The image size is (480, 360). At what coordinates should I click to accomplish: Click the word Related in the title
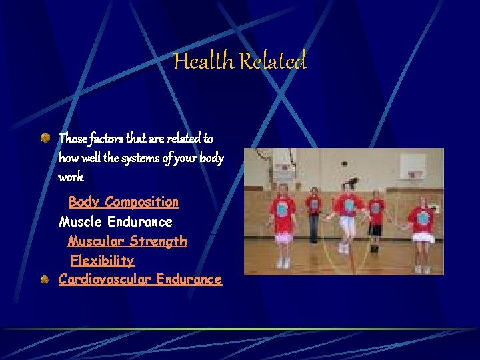(x=272, y=61)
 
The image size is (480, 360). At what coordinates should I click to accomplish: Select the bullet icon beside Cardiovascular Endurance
(x=45, y=279)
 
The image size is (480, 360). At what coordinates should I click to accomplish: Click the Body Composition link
(x=123, y=202)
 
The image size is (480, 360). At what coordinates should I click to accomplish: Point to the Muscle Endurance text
(x=115, y=221)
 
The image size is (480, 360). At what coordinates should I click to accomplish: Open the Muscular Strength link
(x=127, y=241)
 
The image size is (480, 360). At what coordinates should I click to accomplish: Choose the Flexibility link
(x=102, y=260)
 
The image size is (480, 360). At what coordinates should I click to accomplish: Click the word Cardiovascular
(x=105, y=279)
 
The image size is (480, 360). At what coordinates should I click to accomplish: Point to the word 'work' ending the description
(x=71, y=178)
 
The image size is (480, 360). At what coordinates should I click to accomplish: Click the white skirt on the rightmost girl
(x=421, y=237)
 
